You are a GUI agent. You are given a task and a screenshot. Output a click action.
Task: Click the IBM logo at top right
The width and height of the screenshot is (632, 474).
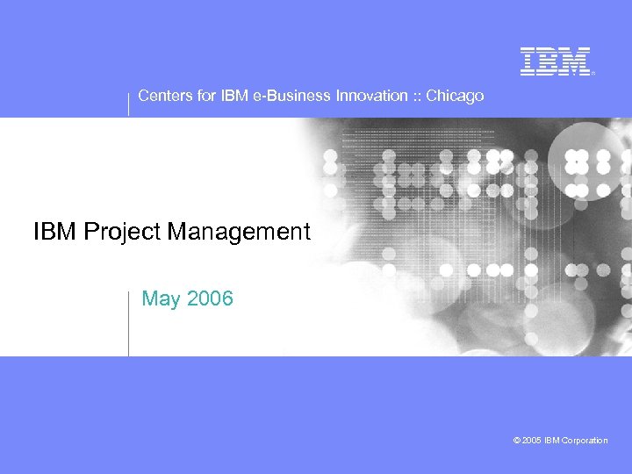[555, 61]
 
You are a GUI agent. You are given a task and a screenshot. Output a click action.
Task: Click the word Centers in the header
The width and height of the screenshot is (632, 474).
[165, 96]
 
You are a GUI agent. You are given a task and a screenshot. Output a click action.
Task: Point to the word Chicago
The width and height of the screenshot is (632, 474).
[455, 96]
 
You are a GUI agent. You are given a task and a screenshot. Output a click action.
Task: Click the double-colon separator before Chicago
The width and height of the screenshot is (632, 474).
[415, 96]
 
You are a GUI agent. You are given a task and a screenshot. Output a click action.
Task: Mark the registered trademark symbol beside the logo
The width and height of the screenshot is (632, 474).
[593, 74]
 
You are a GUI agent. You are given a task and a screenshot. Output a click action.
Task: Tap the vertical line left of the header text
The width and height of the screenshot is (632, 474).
[129, 101]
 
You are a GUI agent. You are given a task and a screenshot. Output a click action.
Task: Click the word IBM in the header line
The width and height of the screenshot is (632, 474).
[234, 96]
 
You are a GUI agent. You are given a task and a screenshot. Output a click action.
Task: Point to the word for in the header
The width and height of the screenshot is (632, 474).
[206, 96]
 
